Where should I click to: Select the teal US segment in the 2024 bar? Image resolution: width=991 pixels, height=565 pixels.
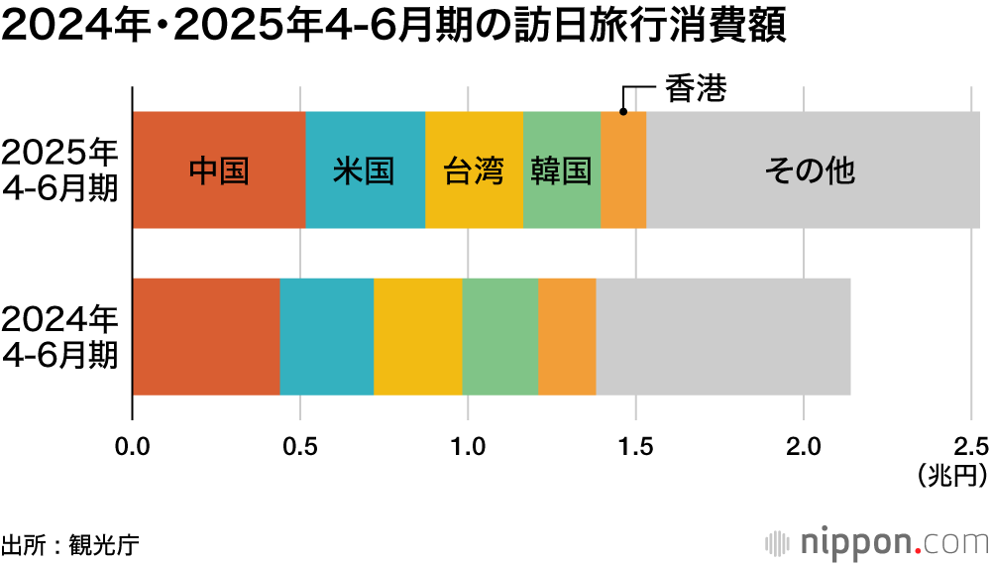click(x=327, y=337)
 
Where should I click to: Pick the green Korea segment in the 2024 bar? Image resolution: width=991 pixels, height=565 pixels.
click(x=500, y=337)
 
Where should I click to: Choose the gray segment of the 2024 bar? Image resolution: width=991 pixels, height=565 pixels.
click(x=723, y=337)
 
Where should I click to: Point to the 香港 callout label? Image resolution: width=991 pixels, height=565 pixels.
click(x=696, y=90)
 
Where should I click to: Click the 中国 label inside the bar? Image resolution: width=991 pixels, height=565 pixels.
click(x=218, y=170)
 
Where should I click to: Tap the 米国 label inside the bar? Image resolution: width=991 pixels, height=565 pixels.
click(x=364, y=170)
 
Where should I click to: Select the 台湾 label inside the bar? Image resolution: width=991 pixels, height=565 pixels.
click(x=474, y=170)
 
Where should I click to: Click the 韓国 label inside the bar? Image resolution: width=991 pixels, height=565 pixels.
click(x=561, y=170)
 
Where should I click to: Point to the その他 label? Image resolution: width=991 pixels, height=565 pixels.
click(x=810, y=170)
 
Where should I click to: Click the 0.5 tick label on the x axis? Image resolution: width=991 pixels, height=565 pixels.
click(x=299, y=446)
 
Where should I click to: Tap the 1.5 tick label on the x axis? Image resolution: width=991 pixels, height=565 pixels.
click(x=635, y=446)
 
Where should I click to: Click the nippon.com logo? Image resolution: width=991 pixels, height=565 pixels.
click(x=877, y=542)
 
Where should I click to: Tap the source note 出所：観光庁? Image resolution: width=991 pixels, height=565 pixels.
click(x=70, y=543)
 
